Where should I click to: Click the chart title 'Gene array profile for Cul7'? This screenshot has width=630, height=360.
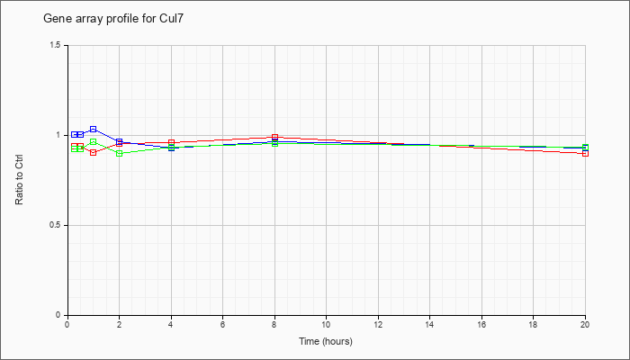click(x=113, y=19)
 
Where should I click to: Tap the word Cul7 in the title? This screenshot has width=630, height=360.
click(x=171, y=19)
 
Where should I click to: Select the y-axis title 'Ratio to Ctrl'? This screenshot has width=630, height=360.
click(x=19, y=179)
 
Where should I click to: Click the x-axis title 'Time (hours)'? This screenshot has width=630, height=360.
click(x=326, y=341)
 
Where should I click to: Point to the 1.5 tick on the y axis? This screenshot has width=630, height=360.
click(x=56, y=45)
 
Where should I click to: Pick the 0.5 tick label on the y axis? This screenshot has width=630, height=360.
click(x=56, y=225)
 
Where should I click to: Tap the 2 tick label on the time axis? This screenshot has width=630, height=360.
click(x=120, y=324)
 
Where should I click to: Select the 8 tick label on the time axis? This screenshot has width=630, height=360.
click(x=274, y=324)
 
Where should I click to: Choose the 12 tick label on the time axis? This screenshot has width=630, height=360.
click(x=378, y=324)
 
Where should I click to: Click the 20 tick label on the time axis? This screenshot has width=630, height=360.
click(x=585, y=324)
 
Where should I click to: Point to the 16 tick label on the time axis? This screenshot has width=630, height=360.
click(x=481, y=324)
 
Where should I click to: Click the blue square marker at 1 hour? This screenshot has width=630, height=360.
click(x=94, y=129)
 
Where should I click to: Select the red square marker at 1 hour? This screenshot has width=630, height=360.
click(x=94, y=153)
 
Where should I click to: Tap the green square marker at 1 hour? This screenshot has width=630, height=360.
click(x=94, y=142)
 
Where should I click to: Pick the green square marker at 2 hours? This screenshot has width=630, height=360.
click(x=120, y=154)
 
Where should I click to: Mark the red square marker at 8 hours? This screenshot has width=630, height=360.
click(x=274, y=137)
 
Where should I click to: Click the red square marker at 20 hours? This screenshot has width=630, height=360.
click(x=585, y=154)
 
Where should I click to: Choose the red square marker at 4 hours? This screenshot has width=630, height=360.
click(x=171, y=142)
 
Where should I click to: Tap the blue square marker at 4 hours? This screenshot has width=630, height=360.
click(x=171, y=148)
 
